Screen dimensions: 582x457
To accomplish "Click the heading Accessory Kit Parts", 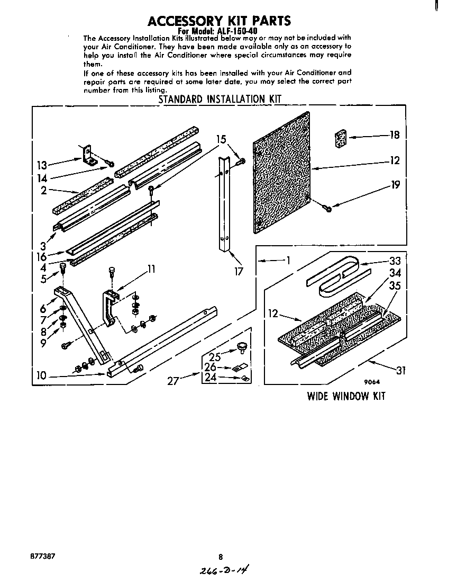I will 219,21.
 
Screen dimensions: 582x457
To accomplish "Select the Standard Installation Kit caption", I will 220,99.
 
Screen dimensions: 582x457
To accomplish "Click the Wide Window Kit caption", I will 346,396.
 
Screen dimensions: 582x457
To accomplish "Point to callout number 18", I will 394,135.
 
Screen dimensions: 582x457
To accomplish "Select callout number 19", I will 395,185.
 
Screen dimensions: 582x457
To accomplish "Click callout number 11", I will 151,269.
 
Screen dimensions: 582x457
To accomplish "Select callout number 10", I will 41,376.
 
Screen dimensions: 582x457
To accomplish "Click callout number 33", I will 395,261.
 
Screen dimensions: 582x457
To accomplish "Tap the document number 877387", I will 43,556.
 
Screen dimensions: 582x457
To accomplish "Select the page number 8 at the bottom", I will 221,557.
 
